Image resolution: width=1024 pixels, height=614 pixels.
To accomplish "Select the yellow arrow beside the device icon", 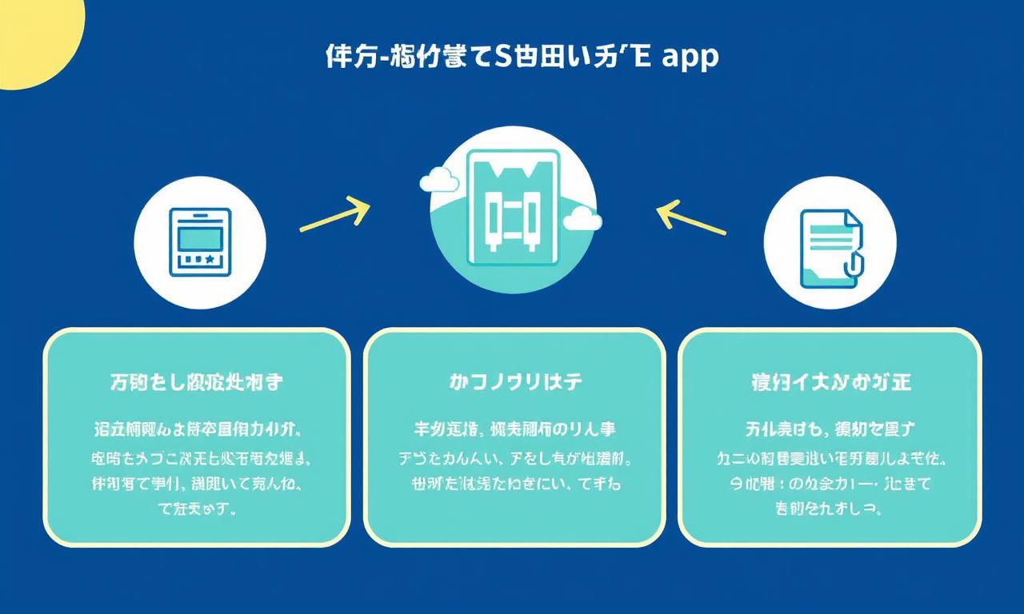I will coord(334,214).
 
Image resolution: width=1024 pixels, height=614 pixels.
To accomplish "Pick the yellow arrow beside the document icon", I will coord(690,217).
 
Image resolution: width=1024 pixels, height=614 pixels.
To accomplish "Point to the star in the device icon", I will coord(210,260).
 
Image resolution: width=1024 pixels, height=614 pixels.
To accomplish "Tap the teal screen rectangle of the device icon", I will coord(200,237).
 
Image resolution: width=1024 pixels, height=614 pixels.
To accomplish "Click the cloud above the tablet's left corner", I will coord(439,180).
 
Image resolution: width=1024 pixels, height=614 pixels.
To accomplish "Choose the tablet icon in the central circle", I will coord(512,209).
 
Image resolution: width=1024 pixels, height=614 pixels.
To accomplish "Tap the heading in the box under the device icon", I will coord(196,383).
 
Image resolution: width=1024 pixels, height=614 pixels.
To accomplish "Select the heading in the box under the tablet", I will coord(515,383).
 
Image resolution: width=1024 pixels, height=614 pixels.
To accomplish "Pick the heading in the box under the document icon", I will coord(830,383).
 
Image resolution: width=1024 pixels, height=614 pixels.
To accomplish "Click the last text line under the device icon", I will coord(198,508).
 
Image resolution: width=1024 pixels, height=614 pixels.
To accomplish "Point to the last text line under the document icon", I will coord(829,508).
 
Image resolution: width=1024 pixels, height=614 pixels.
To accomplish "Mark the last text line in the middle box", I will coord(514,484).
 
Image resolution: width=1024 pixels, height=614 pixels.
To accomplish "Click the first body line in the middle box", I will coord(515,430).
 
